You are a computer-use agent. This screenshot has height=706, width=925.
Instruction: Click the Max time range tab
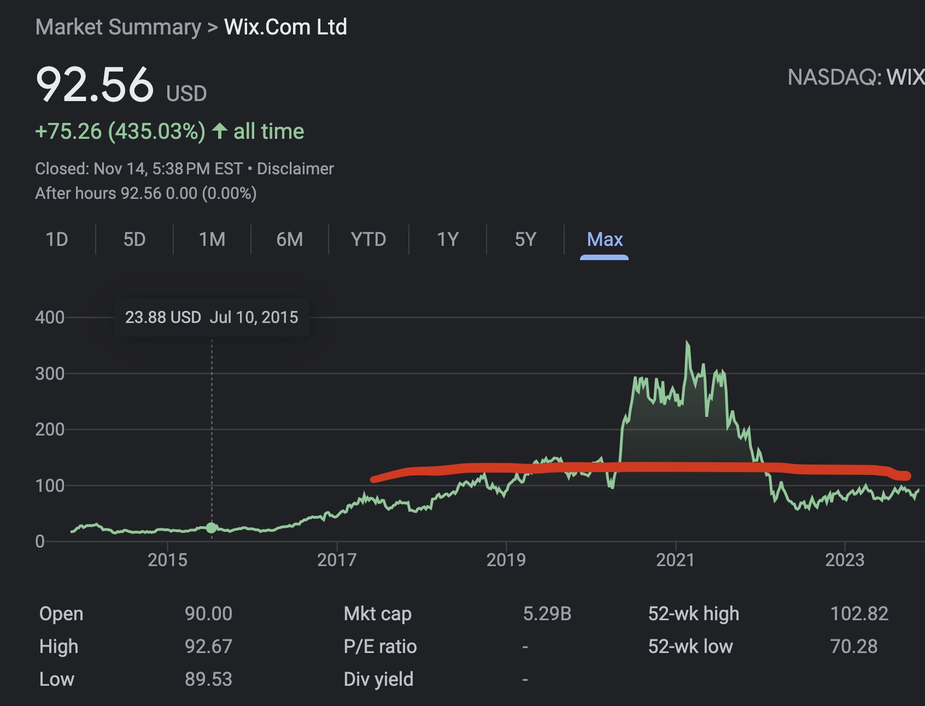(604, 240)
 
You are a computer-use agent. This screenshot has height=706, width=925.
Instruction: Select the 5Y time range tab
(525, 240)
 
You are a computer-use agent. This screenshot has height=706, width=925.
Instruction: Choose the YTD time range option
(368, 240)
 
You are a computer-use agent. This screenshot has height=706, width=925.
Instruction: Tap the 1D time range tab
(57, 240)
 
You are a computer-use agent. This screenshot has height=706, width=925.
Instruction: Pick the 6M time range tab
(289, 240)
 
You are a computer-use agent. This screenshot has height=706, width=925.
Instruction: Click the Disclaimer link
(295, 169)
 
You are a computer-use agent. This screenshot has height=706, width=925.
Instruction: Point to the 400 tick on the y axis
(50, 317)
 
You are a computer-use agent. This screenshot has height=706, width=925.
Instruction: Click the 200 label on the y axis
(50, 430)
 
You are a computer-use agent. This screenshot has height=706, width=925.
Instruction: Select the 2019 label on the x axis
(506, 560)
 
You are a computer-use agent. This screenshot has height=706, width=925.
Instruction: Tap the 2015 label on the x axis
(167, 560)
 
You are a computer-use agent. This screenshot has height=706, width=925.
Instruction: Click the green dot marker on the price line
(212, 528)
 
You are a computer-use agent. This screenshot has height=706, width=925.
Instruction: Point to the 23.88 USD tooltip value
(163, 317)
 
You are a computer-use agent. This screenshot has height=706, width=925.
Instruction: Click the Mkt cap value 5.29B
(547, 614)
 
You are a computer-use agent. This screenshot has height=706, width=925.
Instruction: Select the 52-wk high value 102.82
(859, 614)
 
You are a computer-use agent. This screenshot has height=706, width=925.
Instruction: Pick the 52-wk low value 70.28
(853, 646)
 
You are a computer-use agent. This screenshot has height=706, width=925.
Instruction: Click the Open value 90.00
(208, 614)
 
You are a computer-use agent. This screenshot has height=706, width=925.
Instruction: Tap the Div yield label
(378, 679)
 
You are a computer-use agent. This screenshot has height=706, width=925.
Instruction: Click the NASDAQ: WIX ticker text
(856, 78)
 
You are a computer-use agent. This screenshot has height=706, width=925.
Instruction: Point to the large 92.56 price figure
(95, 85)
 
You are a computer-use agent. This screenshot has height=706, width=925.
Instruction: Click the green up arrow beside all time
(220, 131)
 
